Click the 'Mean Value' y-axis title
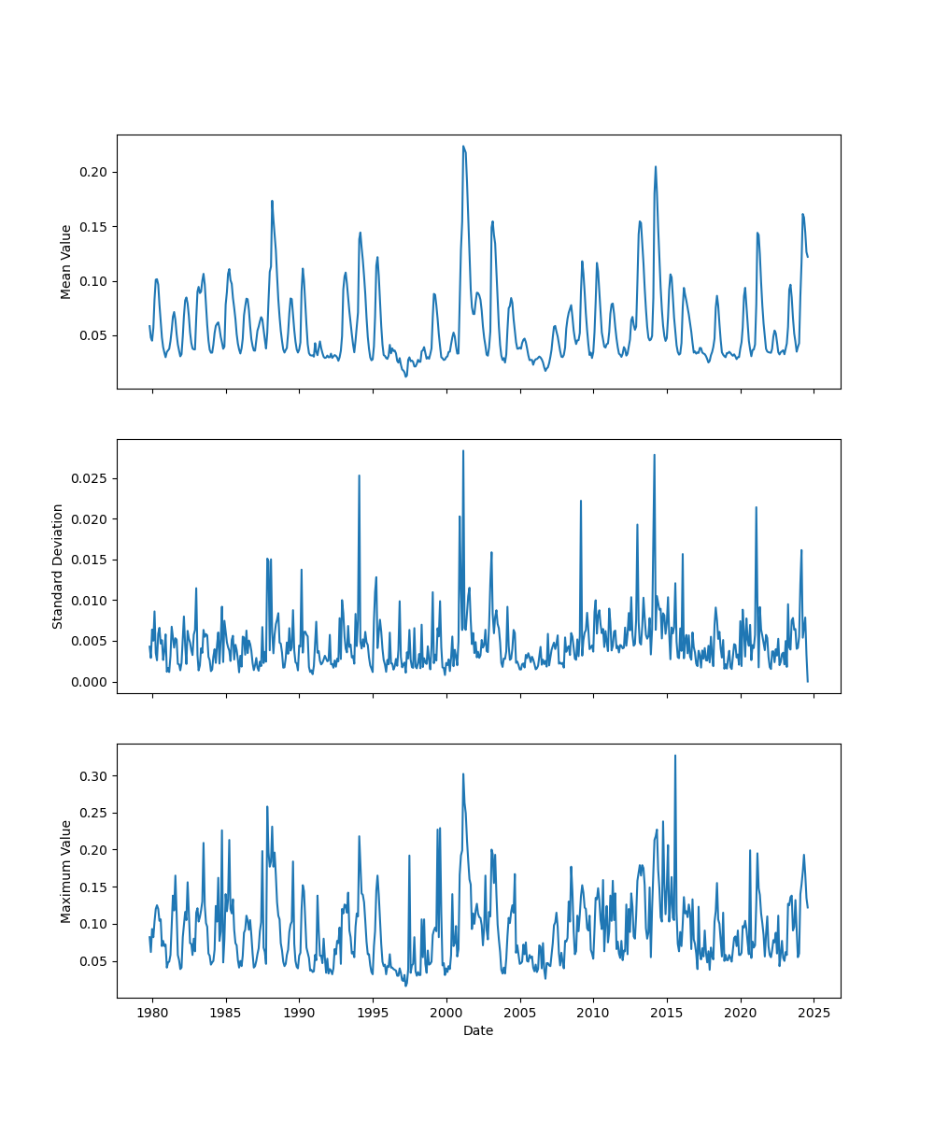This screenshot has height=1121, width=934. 66,262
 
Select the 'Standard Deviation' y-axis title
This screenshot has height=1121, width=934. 58,566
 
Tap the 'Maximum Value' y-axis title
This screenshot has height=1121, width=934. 66,871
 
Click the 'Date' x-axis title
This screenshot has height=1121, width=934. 478,1031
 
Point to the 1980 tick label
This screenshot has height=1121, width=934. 152,1013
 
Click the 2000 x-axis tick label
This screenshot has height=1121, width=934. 446,1013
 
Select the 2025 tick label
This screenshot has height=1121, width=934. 814,1013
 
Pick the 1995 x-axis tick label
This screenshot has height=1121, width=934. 373,1013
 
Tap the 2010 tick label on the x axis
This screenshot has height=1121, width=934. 593,1013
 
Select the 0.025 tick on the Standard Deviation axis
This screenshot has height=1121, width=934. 92,478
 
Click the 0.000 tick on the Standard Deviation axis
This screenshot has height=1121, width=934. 92,682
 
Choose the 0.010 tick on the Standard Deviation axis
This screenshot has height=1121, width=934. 92,601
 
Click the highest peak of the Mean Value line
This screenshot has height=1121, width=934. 462,146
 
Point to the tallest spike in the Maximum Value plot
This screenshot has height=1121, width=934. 675,756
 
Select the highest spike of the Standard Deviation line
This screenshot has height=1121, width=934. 462,451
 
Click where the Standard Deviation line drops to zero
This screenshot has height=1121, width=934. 808,681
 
